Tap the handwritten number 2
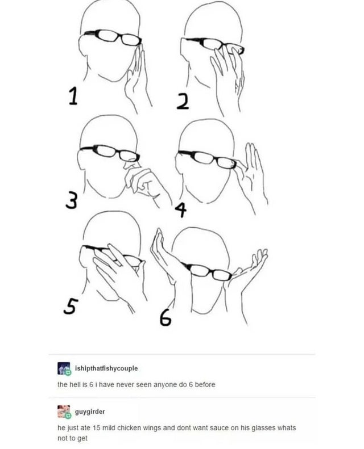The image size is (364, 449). coord(183,102)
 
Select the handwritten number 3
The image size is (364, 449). coord(72,200)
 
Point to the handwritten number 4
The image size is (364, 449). coord(181,210)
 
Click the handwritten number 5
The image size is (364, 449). coord(71,306)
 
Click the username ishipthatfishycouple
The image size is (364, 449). coord(106,368)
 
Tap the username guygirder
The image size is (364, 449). coord(90,412)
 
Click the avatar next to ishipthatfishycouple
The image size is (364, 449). coord(64,368)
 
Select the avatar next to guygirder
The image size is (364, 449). coord(64,412)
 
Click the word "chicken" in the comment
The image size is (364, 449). coord(129,428)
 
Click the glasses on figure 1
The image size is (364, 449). coord(113,37)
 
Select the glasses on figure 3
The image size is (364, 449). coord(110,152)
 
